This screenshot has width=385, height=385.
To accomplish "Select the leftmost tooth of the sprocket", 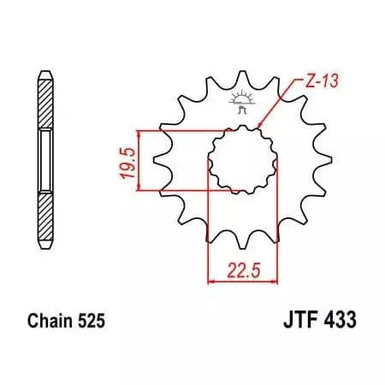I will tap(156, 160).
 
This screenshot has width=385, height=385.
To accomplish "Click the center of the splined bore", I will tap(240, 160).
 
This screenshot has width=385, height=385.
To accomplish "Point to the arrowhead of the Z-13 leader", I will tap(262, 130).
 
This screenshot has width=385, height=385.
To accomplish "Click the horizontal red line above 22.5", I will tap(240, 278).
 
